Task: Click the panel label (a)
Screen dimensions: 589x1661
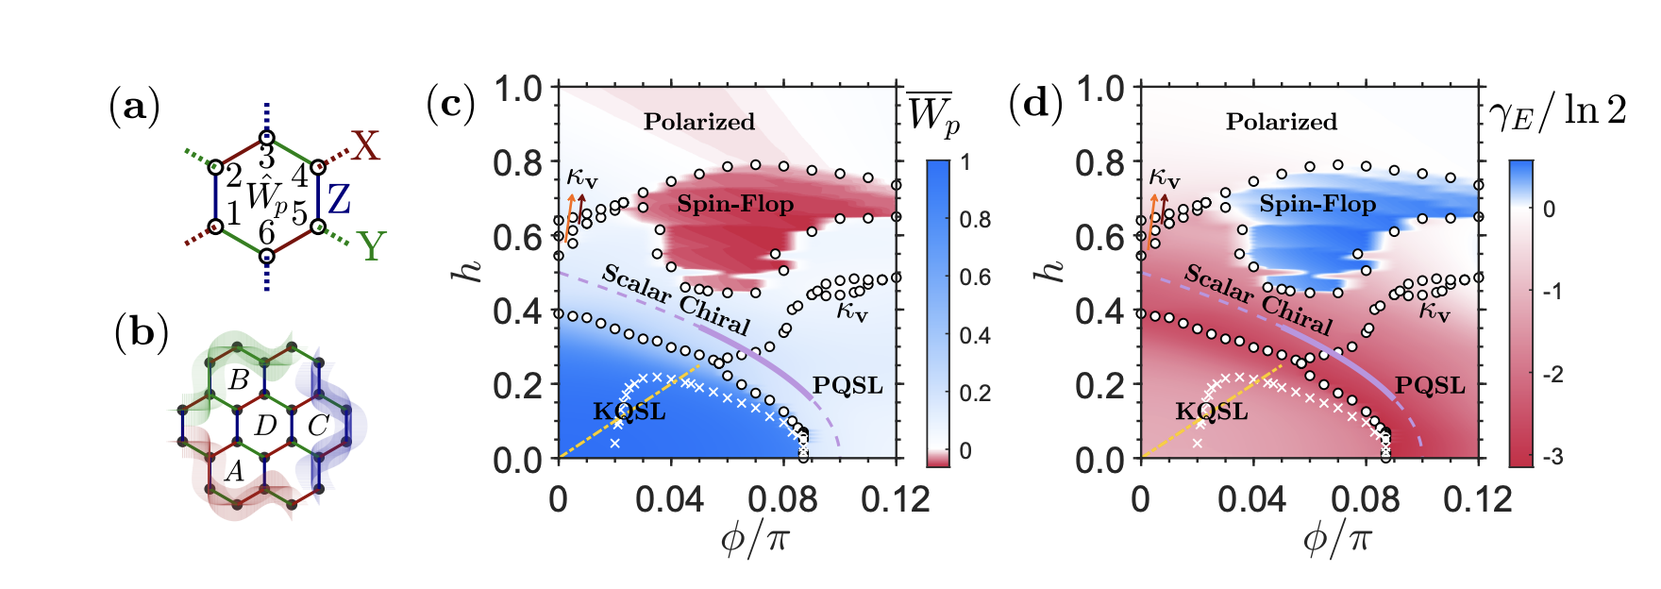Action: pyautogui.click(x=135, y=106)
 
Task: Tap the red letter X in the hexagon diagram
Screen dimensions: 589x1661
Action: pyautogui.click(x=365, y=146)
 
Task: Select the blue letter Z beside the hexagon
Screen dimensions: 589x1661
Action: pyautogui.click(x=339, y=199)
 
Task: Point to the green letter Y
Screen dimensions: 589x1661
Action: pyautogui.click(x=371, y=247)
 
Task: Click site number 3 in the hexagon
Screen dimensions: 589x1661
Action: pyautogui.click(x=267, y=154)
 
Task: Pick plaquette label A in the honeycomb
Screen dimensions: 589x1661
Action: pyautogui.click(x=234, y=469)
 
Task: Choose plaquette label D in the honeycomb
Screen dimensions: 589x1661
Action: pyautogui.click(x=265, y=426)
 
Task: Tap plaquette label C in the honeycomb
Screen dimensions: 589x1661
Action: pyautogui.click(x=318, y=426)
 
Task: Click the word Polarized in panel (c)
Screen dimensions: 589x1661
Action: pyautogui.click(x=698, y=121)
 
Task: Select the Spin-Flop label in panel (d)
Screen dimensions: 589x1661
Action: pyautogui.click(x=1317, y=204)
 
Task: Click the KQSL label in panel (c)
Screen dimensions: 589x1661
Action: pyautogui.click(x=629, y=412)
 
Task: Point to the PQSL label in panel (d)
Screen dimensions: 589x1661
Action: pyautogui.click(x=1430, y=385)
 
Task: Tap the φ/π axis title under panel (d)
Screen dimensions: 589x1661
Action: pyautogui.click(x=1336, y=539)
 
